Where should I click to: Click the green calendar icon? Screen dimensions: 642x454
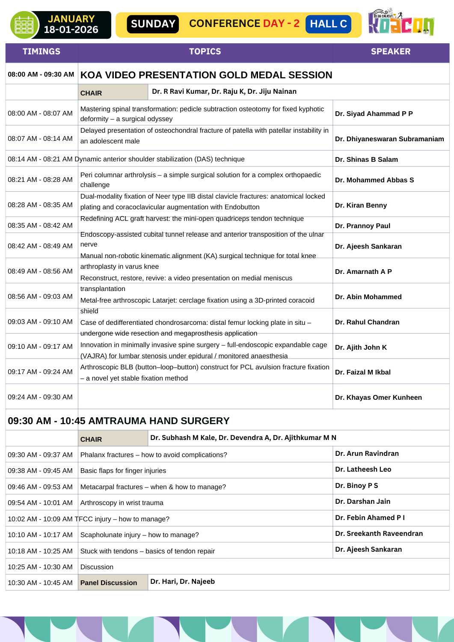pyautogui.click(x=24, y=25)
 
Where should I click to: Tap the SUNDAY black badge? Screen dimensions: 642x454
pyautogui.click(x=153, y=24)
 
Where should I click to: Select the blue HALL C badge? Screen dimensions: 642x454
pyautogui.click(x=328, y=24)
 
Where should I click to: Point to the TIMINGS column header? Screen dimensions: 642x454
pyautogui.click(x=42, y=51)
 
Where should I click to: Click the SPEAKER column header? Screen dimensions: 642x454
pyautogui.click(x=390, y=51)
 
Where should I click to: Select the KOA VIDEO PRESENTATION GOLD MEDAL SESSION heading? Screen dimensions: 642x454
pyautogui.click(x=206, y=75)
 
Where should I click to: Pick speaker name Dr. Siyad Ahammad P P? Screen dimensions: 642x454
pyautogui.click(x=374, y=113)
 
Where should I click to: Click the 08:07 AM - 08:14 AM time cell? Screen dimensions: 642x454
pyautogui.click(x=40, y=138)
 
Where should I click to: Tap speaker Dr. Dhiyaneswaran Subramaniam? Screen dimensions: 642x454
pyautogui.click(x=389, y=139)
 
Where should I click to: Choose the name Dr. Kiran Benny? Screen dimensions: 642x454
pyautogui.click(x=361, y=205)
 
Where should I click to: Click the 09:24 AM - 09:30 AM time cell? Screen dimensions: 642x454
pyautogui.click(x=40, y=397)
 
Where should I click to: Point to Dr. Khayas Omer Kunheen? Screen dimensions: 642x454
pyautogui.click(x=378, y=397)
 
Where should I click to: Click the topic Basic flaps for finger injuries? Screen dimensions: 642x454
pyautogui.click(x=123, y=470)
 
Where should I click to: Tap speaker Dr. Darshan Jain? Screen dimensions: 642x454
pyautogui.click(x=362, y=501)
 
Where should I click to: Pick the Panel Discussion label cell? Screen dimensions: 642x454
pyautogui.click(x=109, y=583)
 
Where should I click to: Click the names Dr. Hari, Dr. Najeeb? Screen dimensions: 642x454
pyautogui.click(x=183, y=581)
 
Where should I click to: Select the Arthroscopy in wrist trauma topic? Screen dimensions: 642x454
pyautogui.click(x=122, y=502)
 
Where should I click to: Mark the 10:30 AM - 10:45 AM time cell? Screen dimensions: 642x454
pyautogui.click(x=40, y=583)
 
